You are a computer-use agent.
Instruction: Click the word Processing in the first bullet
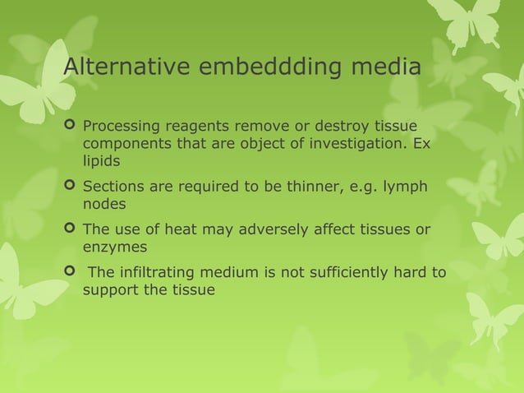[x=121, y=127]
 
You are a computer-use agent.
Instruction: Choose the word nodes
[x=103, y=203]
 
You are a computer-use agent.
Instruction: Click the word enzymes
[x=114, y=247]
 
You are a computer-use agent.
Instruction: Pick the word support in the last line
[x=110, y=289]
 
